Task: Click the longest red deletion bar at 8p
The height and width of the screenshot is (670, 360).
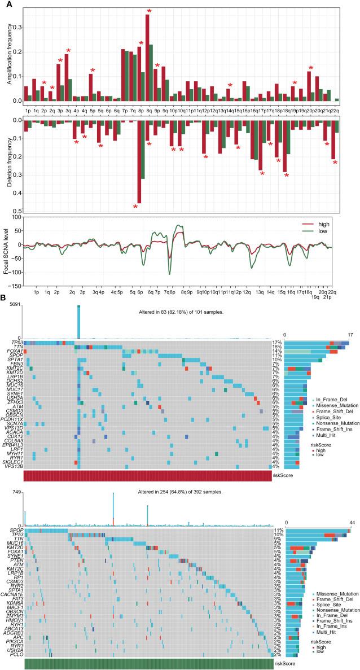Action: [139, 160]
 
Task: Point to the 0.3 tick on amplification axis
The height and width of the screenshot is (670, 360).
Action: [16, 27]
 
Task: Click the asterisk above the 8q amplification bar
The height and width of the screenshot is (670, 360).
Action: [149, 11]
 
